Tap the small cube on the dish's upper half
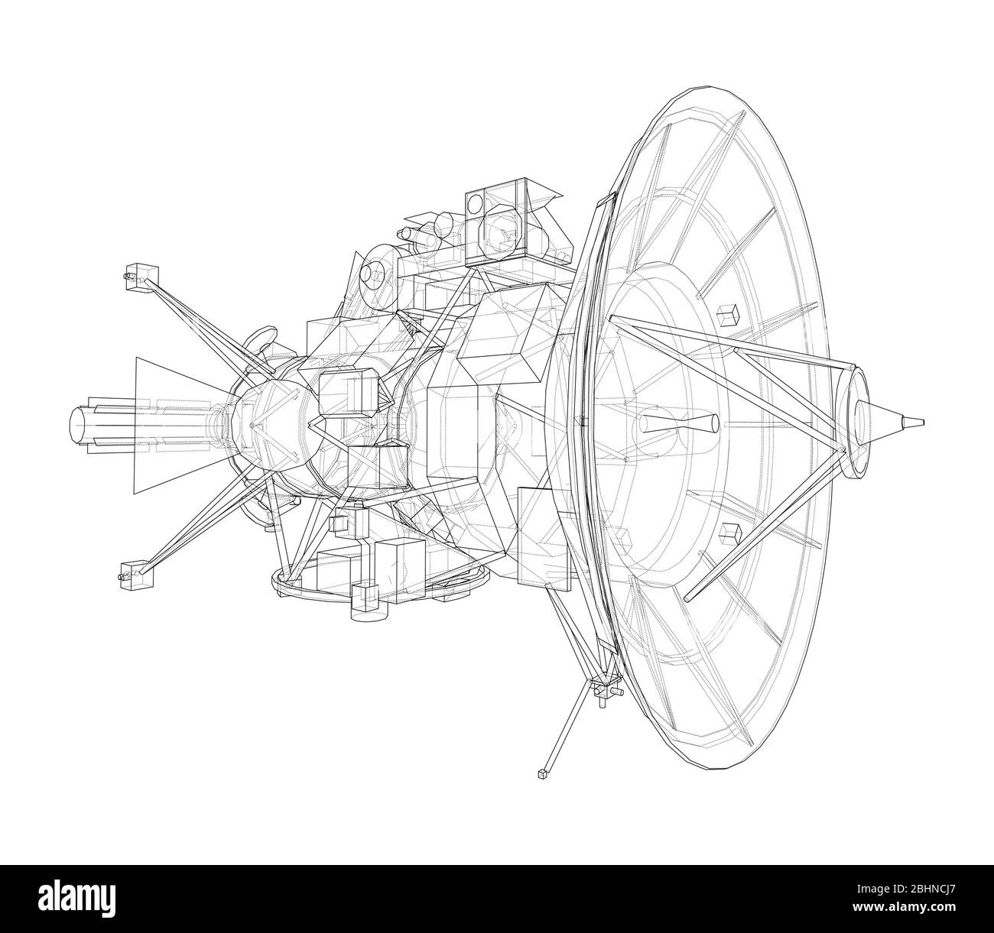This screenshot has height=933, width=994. [x=729, y=314]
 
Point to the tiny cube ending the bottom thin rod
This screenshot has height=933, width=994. [x=543, y=774]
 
